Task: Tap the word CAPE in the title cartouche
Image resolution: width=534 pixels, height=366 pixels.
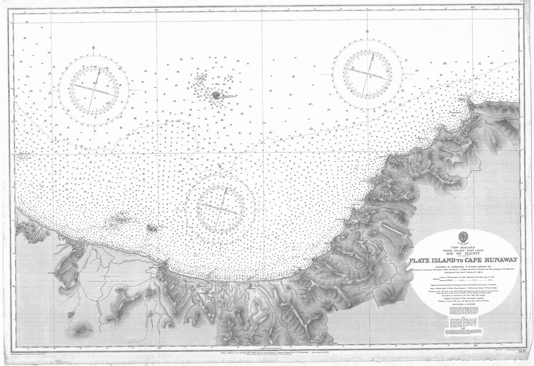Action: tap(473, 260)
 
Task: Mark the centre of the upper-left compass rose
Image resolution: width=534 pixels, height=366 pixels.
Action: tap(94, 89)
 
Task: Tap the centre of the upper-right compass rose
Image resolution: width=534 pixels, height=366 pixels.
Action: tap(367, 71)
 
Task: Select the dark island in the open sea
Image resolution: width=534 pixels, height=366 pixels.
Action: tap(215, 96)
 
